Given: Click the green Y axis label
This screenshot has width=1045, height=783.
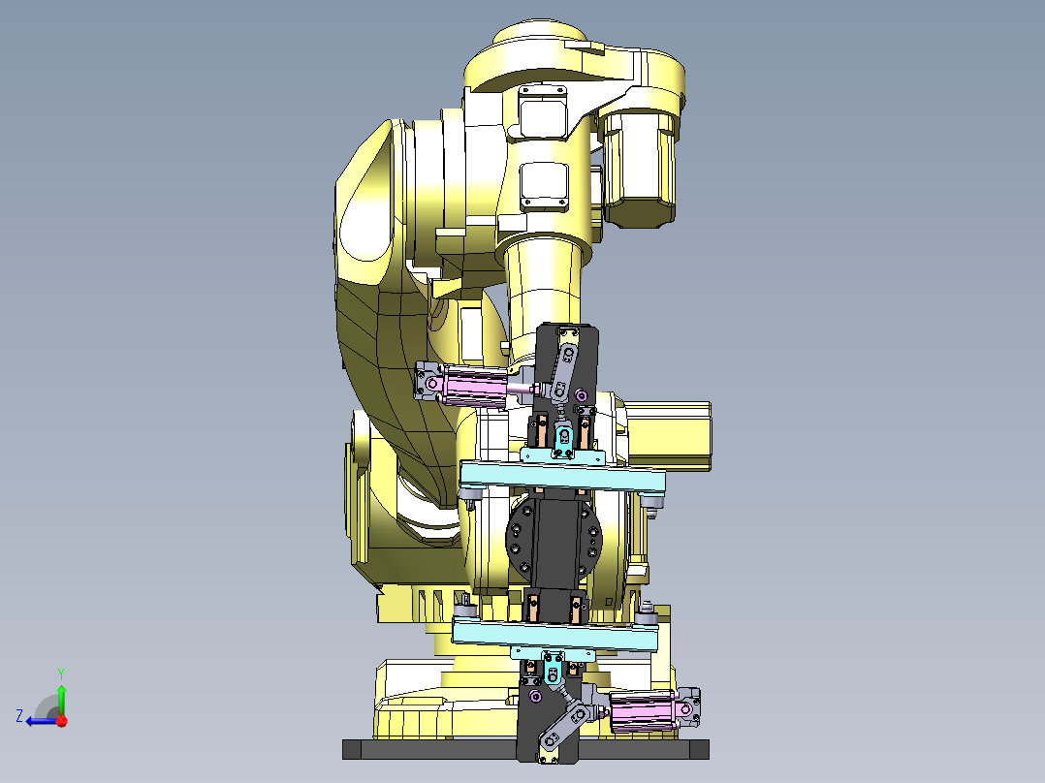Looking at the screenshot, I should tap(60, 672).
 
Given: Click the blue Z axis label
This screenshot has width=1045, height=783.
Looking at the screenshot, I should tap(19, 716).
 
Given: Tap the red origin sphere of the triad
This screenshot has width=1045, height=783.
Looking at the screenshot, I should tap(61, 720).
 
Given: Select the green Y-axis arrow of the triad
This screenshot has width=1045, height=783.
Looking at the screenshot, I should tap(61, 698).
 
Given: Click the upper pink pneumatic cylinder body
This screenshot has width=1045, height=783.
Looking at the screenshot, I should tap(474, 386).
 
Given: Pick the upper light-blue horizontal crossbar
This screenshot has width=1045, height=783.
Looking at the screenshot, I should tap(562, 477).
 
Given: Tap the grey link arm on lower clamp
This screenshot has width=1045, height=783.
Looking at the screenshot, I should tap(563, 726).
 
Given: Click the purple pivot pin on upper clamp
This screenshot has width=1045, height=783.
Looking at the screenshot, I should tap(581, 394).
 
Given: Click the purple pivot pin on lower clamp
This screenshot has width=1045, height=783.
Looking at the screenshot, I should tap(535, 695).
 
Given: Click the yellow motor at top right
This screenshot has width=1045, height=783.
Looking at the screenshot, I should tap(638, 165).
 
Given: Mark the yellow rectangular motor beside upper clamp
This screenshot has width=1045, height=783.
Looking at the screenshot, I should tap(669, 436).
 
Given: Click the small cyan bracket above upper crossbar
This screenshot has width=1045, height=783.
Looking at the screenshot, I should tap(562, 454).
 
